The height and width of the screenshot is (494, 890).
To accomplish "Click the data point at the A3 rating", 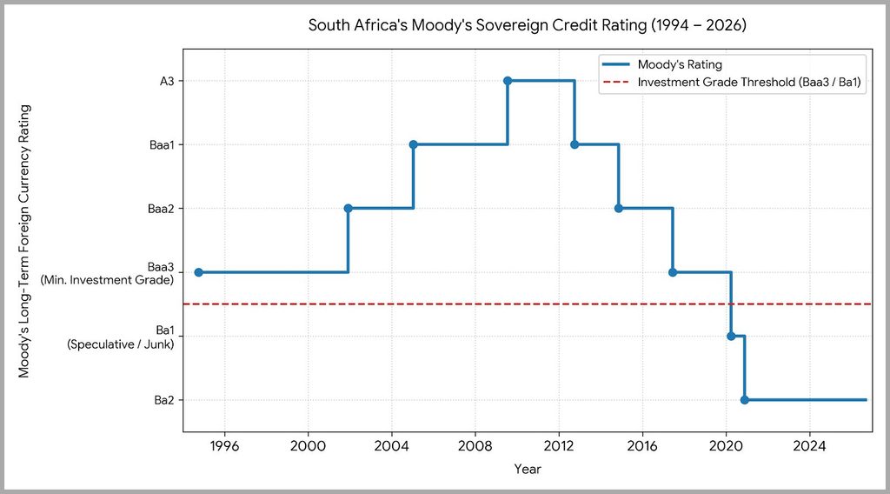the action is pyautogui.click(x=508, y=81).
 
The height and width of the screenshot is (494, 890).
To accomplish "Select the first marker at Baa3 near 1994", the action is pyautogui.click(x=199, y=272).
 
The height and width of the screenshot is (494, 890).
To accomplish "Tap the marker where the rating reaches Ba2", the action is pyautogui.click(x=745, y=400).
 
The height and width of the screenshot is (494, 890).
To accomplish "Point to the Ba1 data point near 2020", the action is pyautogui.click(x=731, y=337).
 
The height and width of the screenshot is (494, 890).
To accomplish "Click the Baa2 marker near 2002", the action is pyautogui.click(x=348, y=209).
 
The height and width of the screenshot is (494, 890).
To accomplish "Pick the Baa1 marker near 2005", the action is pyautogui.click(x=413, y=144).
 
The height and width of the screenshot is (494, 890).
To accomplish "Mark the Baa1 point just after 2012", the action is pyautogui.click(x=575, y=144).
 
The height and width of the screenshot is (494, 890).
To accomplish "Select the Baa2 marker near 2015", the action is pyautogui.click(x=619, y=209).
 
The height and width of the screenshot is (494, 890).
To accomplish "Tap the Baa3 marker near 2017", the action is pyautogui.click(x=673, y=272).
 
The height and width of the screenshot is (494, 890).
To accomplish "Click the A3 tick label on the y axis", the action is pyautogui.click(x=167, y=81).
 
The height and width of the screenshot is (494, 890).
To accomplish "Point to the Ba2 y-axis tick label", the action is pyautogui.click(x=164, y=400).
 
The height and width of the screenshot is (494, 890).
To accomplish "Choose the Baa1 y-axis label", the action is pyautogui.click(x=162, y=144).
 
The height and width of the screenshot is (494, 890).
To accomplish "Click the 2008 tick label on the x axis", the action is pyautogui.click(x=475, y=446).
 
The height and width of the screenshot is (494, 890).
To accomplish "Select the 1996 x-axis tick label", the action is pyautogui.click(x=225, y=446).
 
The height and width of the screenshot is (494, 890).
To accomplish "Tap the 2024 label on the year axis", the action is pyautogui.click(x=809, y=446).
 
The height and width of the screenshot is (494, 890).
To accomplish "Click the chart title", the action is pyautogui.click(x=528, y=25).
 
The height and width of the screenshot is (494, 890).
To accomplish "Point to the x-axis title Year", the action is pyautogui.click(x=528, y=469).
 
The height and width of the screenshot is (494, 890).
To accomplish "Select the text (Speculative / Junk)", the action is pyautogui.click(x=120, y=344).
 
